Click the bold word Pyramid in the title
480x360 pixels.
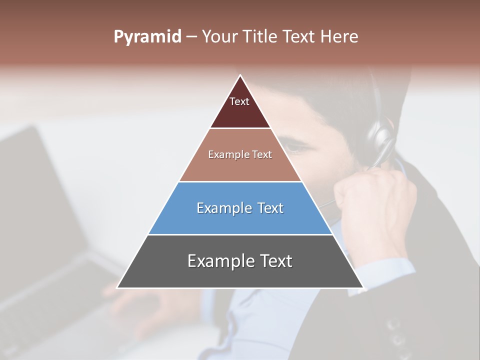point(147,37)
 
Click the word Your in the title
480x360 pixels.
point(219,36)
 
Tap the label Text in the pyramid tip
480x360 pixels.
point(239,101)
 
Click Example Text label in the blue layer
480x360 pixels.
point(240,208)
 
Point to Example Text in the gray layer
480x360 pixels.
point(240,261)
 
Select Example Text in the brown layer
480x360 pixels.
point(240,154)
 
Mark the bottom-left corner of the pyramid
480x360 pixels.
point(117,287)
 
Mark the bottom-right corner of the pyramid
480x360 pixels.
point(363,287)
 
